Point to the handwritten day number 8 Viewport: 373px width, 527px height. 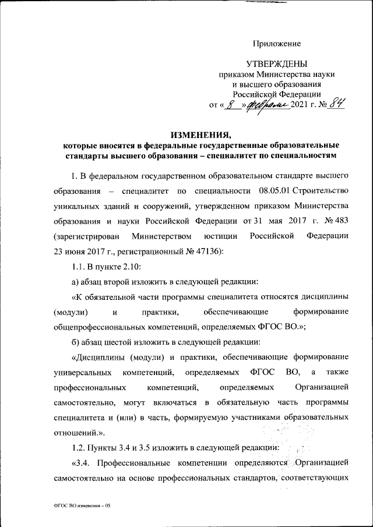pyautogui.click(x=233, y=105)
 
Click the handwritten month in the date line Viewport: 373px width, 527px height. pyautogui.click(x=268, y=105)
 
